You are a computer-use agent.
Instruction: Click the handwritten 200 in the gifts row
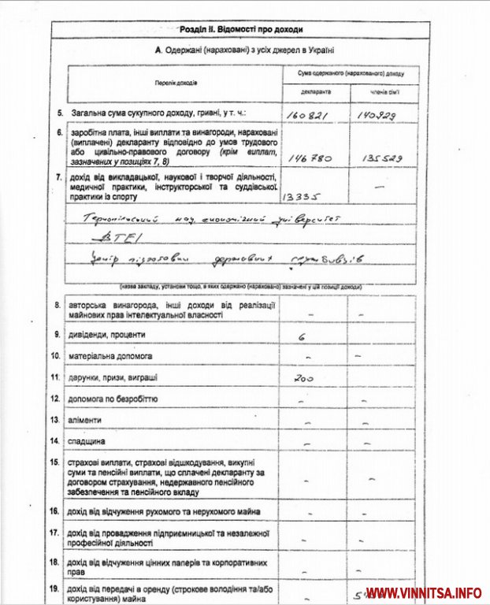pos(303,378)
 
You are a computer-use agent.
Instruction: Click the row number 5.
pos(60,113)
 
